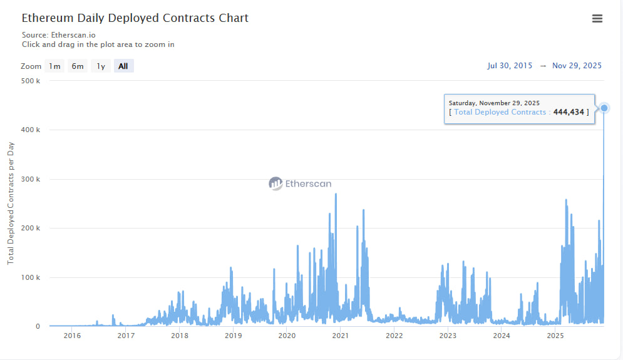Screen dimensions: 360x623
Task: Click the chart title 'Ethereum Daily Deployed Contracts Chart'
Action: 135,18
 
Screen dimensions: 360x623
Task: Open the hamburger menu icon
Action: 597,19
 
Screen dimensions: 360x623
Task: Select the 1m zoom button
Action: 55,66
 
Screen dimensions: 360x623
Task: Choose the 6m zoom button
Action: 78,66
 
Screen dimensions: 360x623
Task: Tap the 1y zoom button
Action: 101,66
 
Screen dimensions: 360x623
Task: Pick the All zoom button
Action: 123,66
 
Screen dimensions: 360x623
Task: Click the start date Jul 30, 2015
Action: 510,66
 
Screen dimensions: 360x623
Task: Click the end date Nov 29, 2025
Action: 577,66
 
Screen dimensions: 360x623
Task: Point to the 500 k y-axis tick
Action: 30,81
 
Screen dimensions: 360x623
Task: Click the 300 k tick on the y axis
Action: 30,179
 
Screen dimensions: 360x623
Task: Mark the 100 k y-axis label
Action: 30,277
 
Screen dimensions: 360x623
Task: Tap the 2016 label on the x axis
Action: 72,336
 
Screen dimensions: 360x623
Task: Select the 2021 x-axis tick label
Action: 340,336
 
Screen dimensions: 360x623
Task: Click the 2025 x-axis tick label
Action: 555,336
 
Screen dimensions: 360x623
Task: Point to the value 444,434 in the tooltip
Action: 569,112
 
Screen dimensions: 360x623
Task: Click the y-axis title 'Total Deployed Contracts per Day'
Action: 11,203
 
